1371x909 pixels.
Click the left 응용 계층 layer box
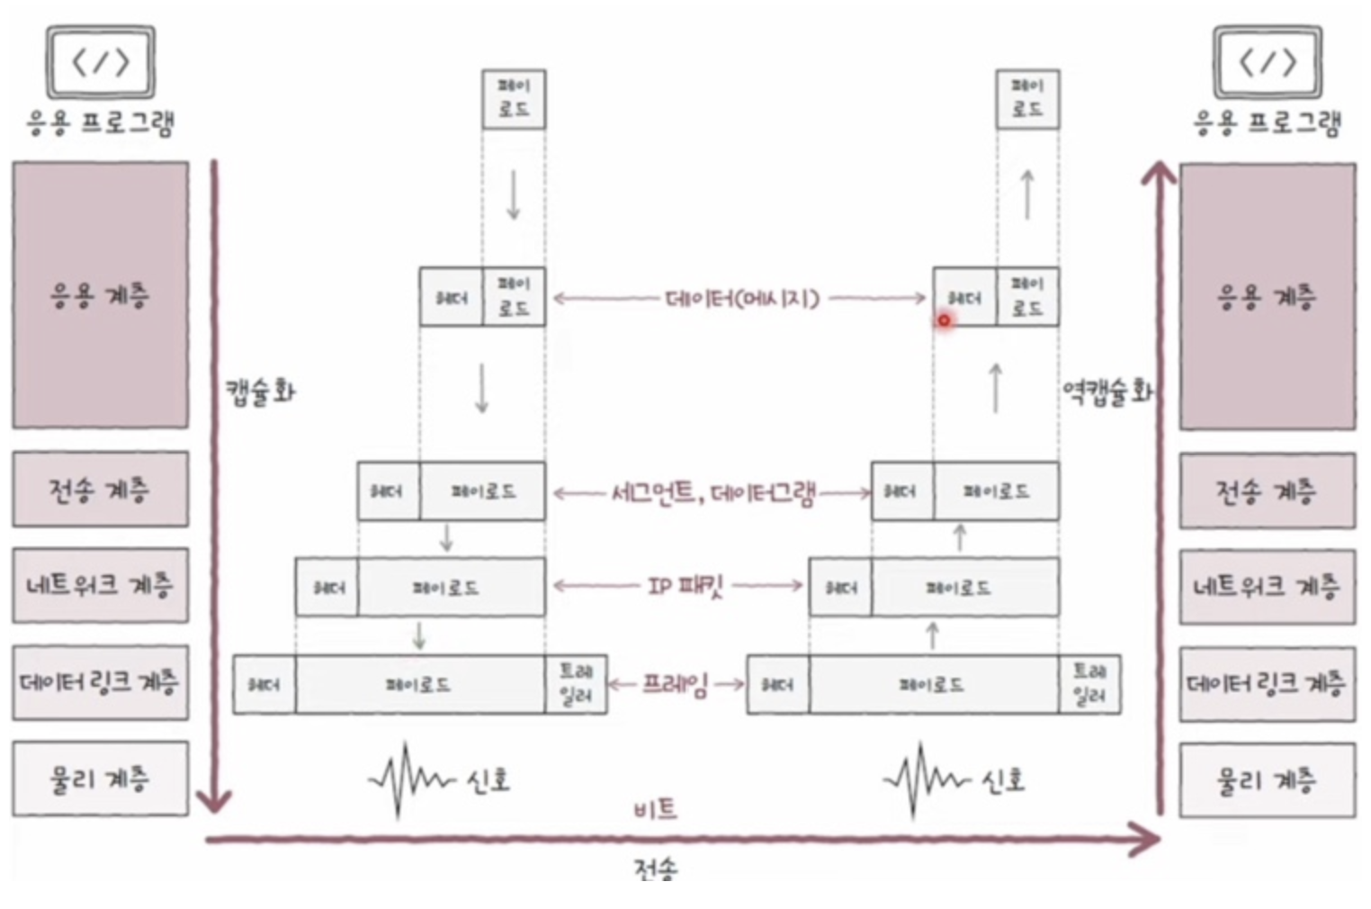coord(100,295)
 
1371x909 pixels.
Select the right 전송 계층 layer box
coord(1267,490)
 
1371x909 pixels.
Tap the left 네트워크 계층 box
coord(100,585)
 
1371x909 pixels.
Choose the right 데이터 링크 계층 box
coord(1267,683)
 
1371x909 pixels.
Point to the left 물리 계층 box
coord(100,778)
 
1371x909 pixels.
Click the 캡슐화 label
coord(260,391)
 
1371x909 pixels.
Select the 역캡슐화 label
coord(1107,391)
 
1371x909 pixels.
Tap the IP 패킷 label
coord(685,587)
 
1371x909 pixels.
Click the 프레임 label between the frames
coord(675,684)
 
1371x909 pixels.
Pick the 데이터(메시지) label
coord(742,298)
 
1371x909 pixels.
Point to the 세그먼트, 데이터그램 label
coord(712,492)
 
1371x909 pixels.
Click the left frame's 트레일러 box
coord(576,684)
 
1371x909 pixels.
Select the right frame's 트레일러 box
coord(1089,684)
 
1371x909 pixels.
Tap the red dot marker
coord(944,319)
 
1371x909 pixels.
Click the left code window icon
coord(101,61)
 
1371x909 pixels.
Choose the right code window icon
coord(1268,61)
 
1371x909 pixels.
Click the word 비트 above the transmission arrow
coord(655,809)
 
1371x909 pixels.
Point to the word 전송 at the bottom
coord(655,869)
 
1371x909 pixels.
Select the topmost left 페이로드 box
coord(514,98)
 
